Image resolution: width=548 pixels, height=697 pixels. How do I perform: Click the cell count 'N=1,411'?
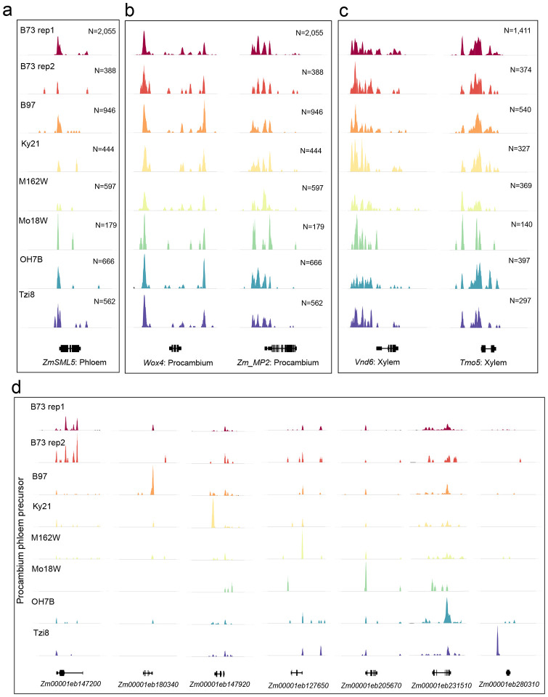(516, 30)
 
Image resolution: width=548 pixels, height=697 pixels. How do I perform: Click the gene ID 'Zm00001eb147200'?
(68, 684)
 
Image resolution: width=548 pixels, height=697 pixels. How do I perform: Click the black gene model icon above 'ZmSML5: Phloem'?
(70, 348)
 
